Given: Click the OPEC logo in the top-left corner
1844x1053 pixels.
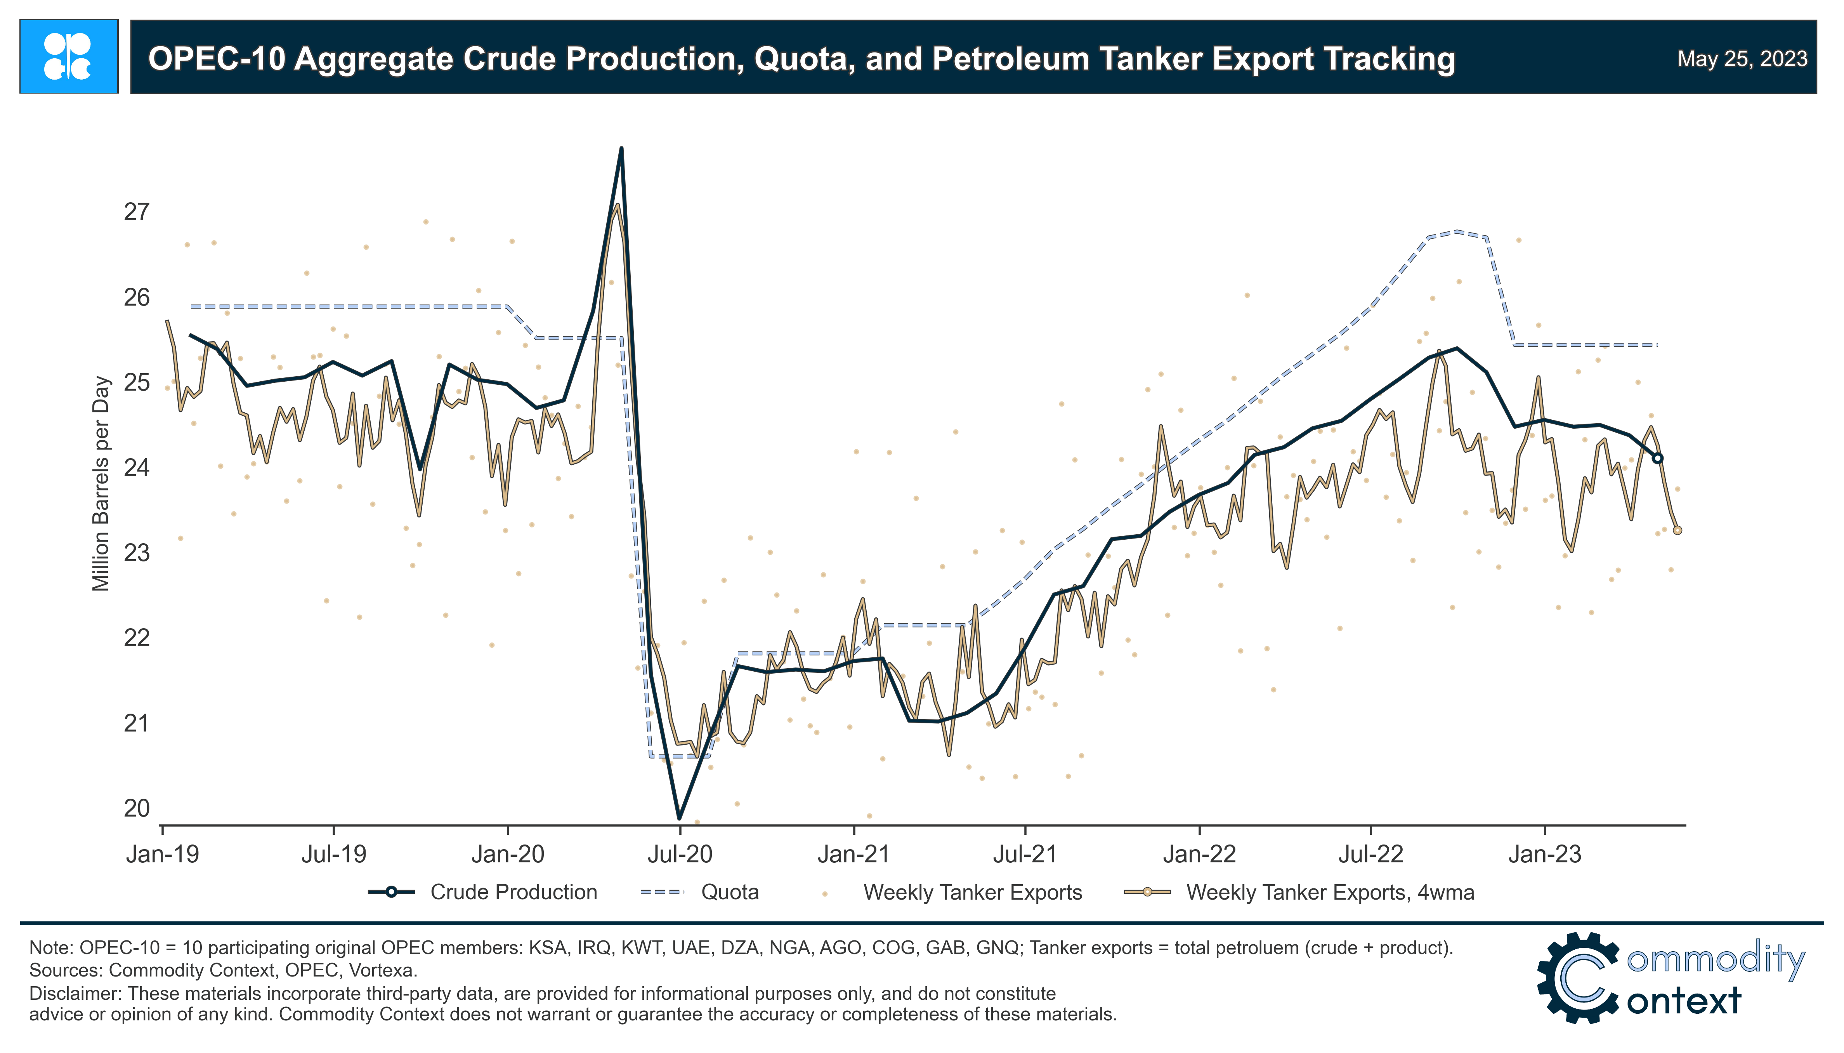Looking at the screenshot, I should [69, 56].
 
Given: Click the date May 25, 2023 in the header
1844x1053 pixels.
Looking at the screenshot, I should [1742, 59].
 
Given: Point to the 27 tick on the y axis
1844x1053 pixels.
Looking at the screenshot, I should [137, 212].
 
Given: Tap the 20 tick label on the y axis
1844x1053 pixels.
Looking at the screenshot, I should [137, 808].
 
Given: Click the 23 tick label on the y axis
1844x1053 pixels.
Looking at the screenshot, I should [137, 553].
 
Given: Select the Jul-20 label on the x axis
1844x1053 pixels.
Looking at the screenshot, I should [680, 854].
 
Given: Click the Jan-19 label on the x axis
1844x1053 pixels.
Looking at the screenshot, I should [163, 854].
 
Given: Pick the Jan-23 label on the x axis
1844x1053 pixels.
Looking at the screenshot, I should [1545, 854].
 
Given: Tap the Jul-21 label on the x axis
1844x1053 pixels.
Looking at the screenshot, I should [1025, 854].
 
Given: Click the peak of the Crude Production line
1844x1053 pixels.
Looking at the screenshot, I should [621, 149].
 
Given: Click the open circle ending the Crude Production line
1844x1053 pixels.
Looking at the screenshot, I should [1657, 458].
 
